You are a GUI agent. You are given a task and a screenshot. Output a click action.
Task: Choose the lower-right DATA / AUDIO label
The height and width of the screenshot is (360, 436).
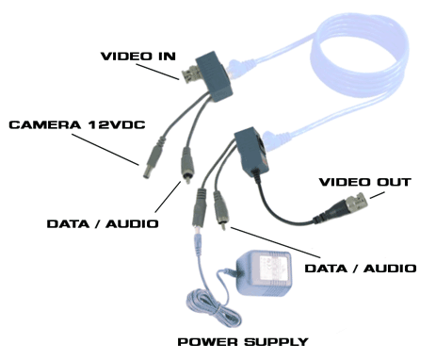coord(361,268)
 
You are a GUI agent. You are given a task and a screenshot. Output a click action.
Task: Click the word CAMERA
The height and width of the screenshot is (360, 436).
coord(39,124)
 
